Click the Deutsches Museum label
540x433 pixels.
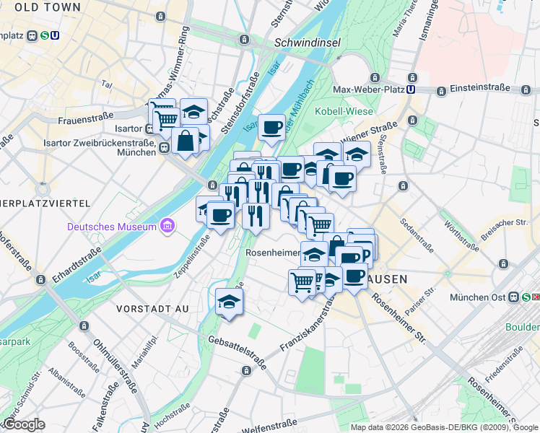tap(112, 227)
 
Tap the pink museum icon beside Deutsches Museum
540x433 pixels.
tap(167, 227)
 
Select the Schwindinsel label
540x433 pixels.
tap(307, 43)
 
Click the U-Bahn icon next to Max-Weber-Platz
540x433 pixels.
tap(411, 89)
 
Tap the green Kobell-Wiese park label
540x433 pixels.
tap(344, 111)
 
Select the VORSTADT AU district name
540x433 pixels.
tap(152, 309)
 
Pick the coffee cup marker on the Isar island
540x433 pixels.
tap(272, 128)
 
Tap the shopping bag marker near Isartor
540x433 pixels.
tap(185, 141)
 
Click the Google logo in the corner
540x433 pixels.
tap(24, 424)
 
